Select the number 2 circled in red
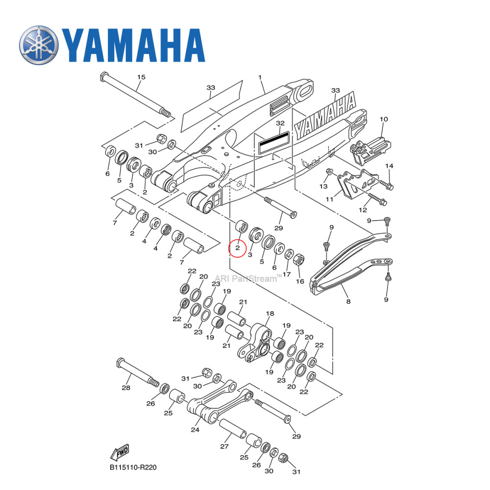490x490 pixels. [x=238, y=248]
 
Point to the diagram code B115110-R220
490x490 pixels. [x=133, y=467]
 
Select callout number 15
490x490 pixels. [x=141, y=77]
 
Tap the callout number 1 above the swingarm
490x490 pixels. [x=260, y=77]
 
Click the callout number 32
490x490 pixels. [x=280, y=123]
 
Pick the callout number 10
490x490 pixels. [x=384, y=119]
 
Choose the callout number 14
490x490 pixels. [x=389, y=166]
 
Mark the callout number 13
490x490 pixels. [x=323, y=186]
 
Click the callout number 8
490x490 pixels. [x=348, y=301]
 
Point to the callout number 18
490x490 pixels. [x=269, y=314]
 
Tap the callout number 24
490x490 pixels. [x=195, y=430]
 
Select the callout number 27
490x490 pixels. [x=224, y=446]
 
